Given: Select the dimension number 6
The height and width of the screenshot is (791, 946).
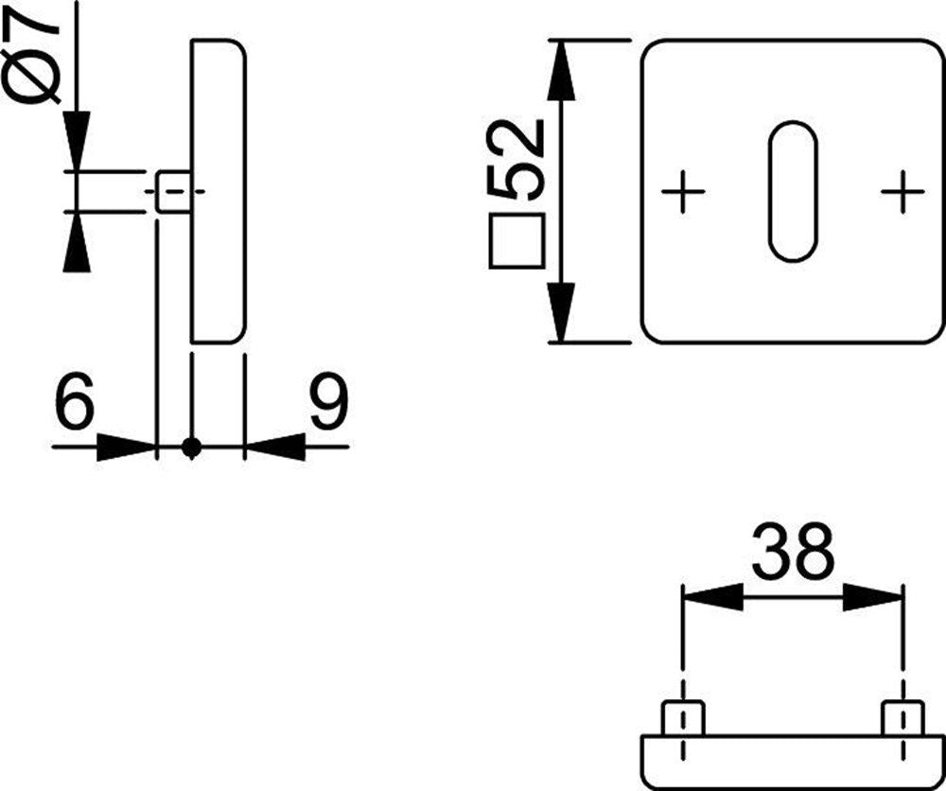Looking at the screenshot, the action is pyautogui.click(x=74, y=400).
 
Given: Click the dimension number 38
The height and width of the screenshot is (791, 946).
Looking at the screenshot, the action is pyautogui.click(x=793, y=551).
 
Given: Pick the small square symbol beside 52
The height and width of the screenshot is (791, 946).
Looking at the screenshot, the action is pyautogui.click(x=517, y=240).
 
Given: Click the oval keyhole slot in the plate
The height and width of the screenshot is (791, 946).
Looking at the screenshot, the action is pyautogui.click(x=793, y=192).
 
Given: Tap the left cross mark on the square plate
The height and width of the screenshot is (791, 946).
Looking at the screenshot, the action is pyautogui.click(x=683, y=192).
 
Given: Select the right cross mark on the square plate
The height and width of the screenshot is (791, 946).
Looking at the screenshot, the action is pyautogui.click(x=902, y=192).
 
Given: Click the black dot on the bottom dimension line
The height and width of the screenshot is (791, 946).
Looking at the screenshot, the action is pyautogui.click(x=192, y=448).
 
